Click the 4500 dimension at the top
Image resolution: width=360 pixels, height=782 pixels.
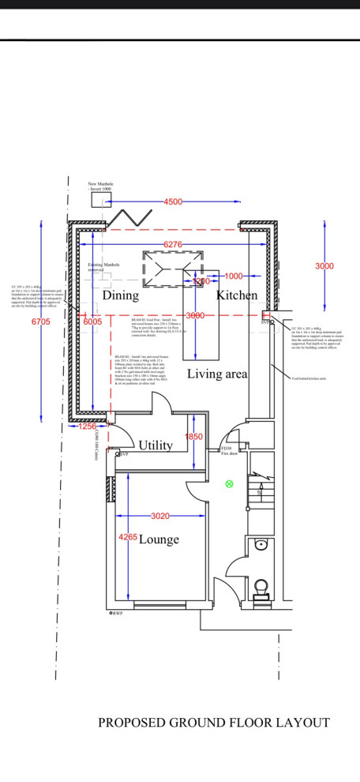pyautogui.click(x=173, y=202)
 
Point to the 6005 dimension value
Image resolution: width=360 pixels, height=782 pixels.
pyautogui.click(x=92, y=321)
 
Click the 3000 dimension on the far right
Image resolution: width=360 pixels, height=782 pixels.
pyautogui.click(x=324, y=266)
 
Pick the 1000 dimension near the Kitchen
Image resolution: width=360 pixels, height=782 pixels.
pyautogui.click(x=233, y=276)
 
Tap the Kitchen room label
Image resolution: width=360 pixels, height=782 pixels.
pyautogui.click(x=238, y=295)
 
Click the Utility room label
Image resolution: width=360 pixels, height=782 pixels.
pyautogui.click(x=156, y=446)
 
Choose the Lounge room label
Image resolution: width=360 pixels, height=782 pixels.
pyautogui.click(x=159, y=540)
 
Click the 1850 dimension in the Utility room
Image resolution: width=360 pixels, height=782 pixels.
pyautogui.click(x=193, y=437)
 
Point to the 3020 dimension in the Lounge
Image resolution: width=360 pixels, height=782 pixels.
pyautogui.click(x=160, y=517)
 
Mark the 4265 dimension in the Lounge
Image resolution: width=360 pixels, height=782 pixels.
pyautogui.click(x=126, y=538)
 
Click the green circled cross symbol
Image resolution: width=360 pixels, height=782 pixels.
pyautogui.click(x=230, y=483)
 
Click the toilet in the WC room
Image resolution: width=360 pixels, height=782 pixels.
pyautogui.click(x=261, y=585)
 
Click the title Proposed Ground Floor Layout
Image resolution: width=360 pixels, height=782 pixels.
pyautogui.click(x=213, y=722)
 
